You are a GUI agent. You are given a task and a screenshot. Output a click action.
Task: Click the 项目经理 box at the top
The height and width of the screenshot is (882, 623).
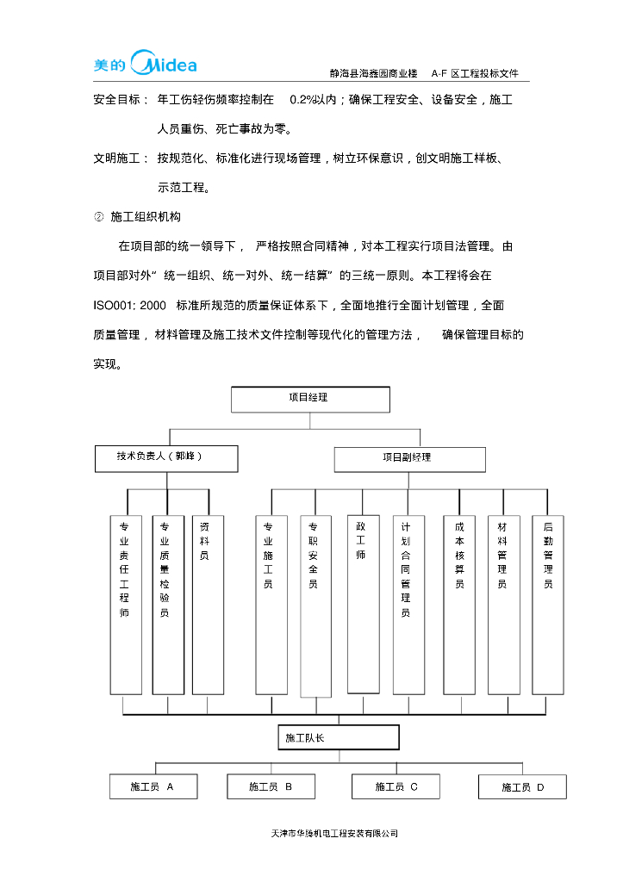(x=310, y=399)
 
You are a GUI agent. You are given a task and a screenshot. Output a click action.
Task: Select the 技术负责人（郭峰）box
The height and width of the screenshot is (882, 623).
(x=166, y=458)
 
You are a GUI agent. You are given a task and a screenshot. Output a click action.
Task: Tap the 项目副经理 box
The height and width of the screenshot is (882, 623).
(x=404, y=459)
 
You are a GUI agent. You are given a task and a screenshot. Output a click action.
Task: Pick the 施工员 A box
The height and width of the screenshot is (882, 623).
(x=153, y=786)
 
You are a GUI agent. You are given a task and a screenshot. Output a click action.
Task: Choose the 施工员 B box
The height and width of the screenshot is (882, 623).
(x=271, y=786)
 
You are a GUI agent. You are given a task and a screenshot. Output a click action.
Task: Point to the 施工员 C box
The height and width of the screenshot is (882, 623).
(x=396, y=786)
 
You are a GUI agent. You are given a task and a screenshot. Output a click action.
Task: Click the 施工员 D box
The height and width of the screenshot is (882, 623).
(x=522, y=786)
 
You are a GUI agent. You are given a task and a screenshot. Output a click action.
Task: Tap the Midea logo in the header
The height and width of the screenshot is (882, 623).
(x=145, y=65)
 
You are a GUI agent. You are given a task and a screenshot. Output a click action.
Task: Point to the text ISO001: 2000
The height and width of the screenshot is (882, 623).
(x=129, y=306)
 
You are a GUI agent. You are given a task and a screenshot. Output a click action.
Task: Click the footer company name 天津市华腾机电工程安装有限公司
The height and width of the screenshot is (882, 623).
(x=334, y=834)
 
